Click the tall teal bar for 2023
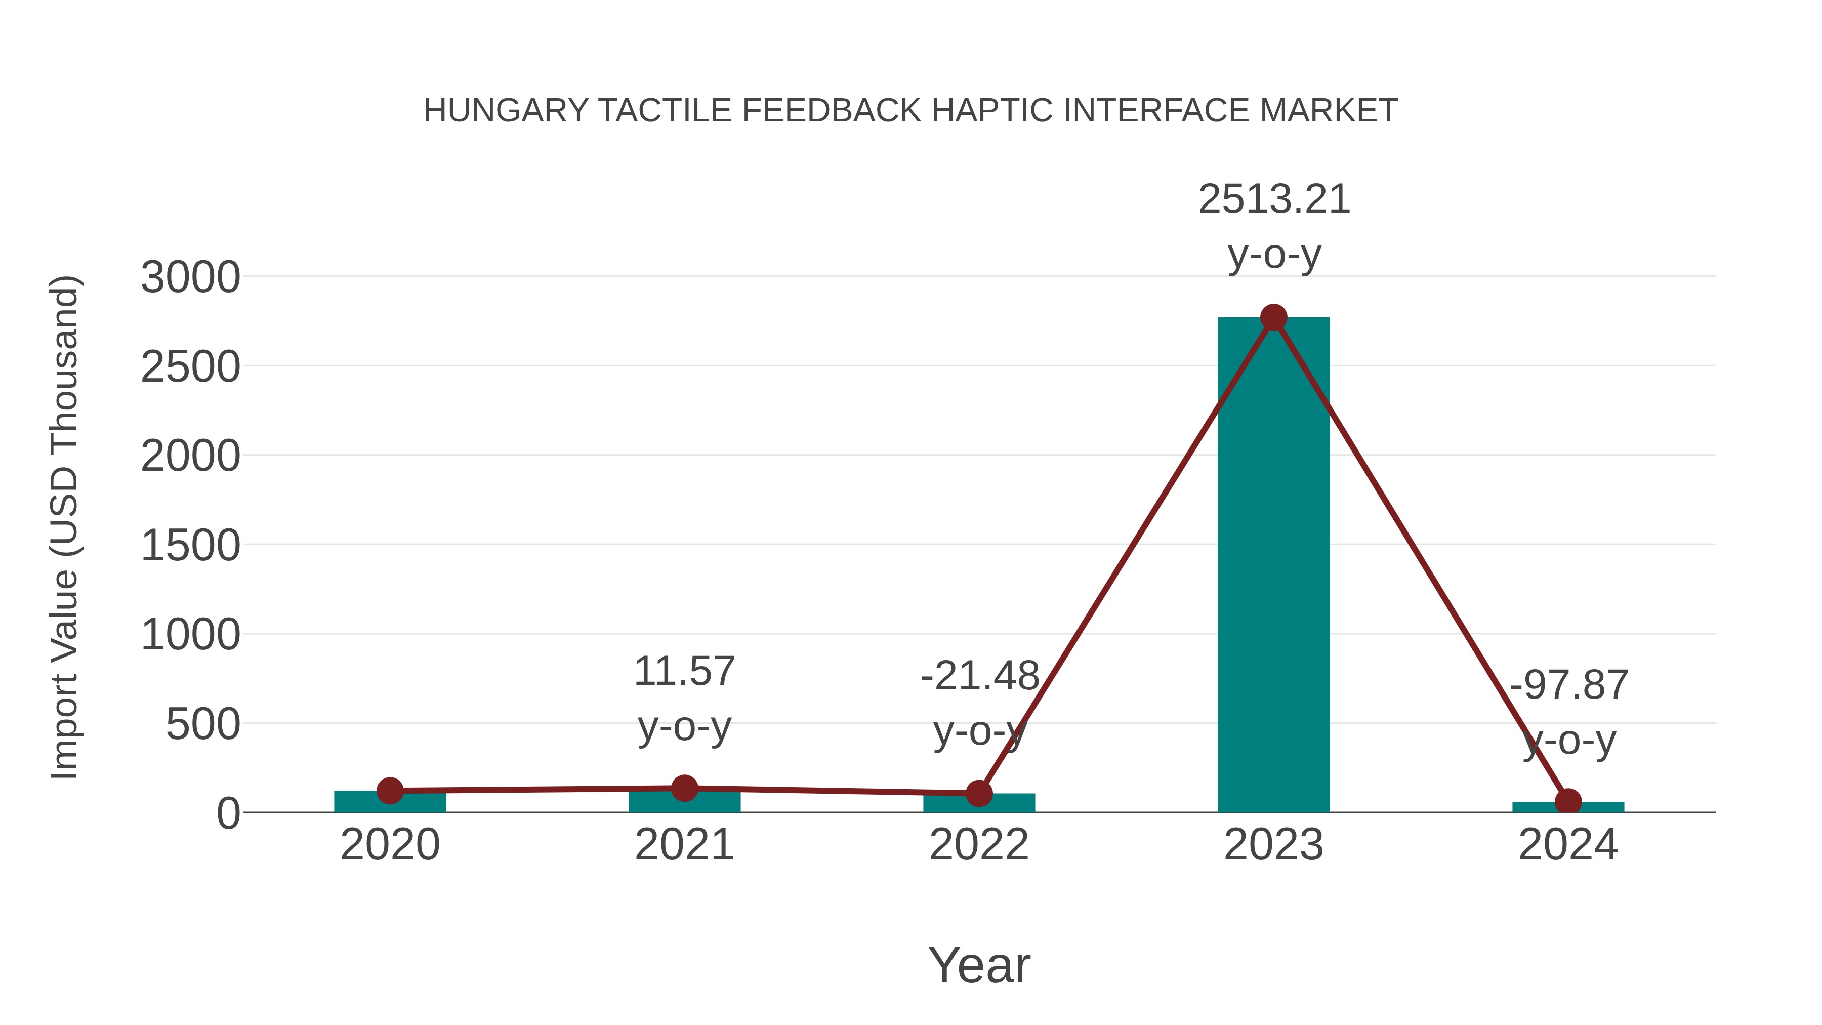pyautogui.click(x=1273, y=566)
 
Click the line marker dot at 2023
pyautogui.click(x=1273, y=317)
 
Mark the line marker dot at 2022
pyautogui.click(x=979, y=793)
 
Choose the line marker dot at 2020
pyautogui.click(x=390, y=790)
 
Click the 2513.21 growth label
pyautogui.click(x=1274, y=199)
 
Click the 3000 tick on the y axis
pyautogui.click(x=190, y=277)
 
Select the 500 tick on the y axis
pyautogui.click(x=202, y=724)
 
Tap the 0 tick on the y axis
pyautogui.click(x=228, y=813)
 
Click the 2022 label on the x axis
pyautogui.click(x=979, y=845)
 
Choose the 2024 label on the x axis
pyautogui.click(x=1568, y=845)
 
